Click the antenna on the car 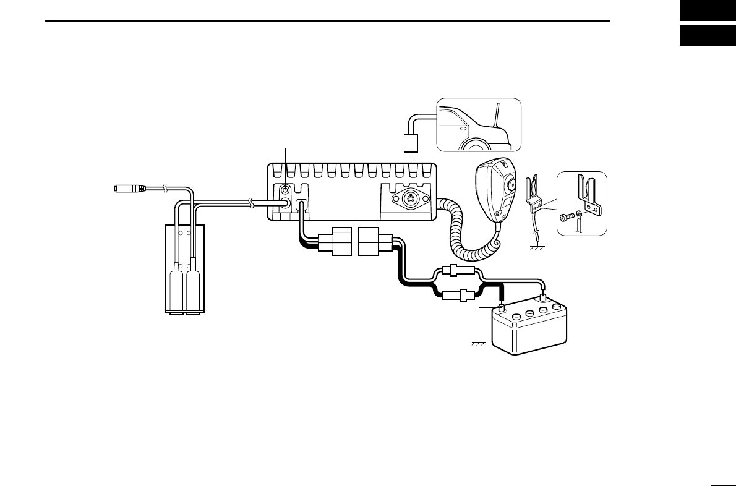click(496, 116)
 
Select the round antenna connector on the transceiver click(409, 199)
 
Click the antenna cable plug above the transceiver click(409, 144)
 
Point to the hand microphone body click(495, 189)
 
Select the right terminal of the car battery click(543, 299)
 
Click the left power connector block click(334, 241)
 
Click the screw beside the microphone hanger click(567, 218)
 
